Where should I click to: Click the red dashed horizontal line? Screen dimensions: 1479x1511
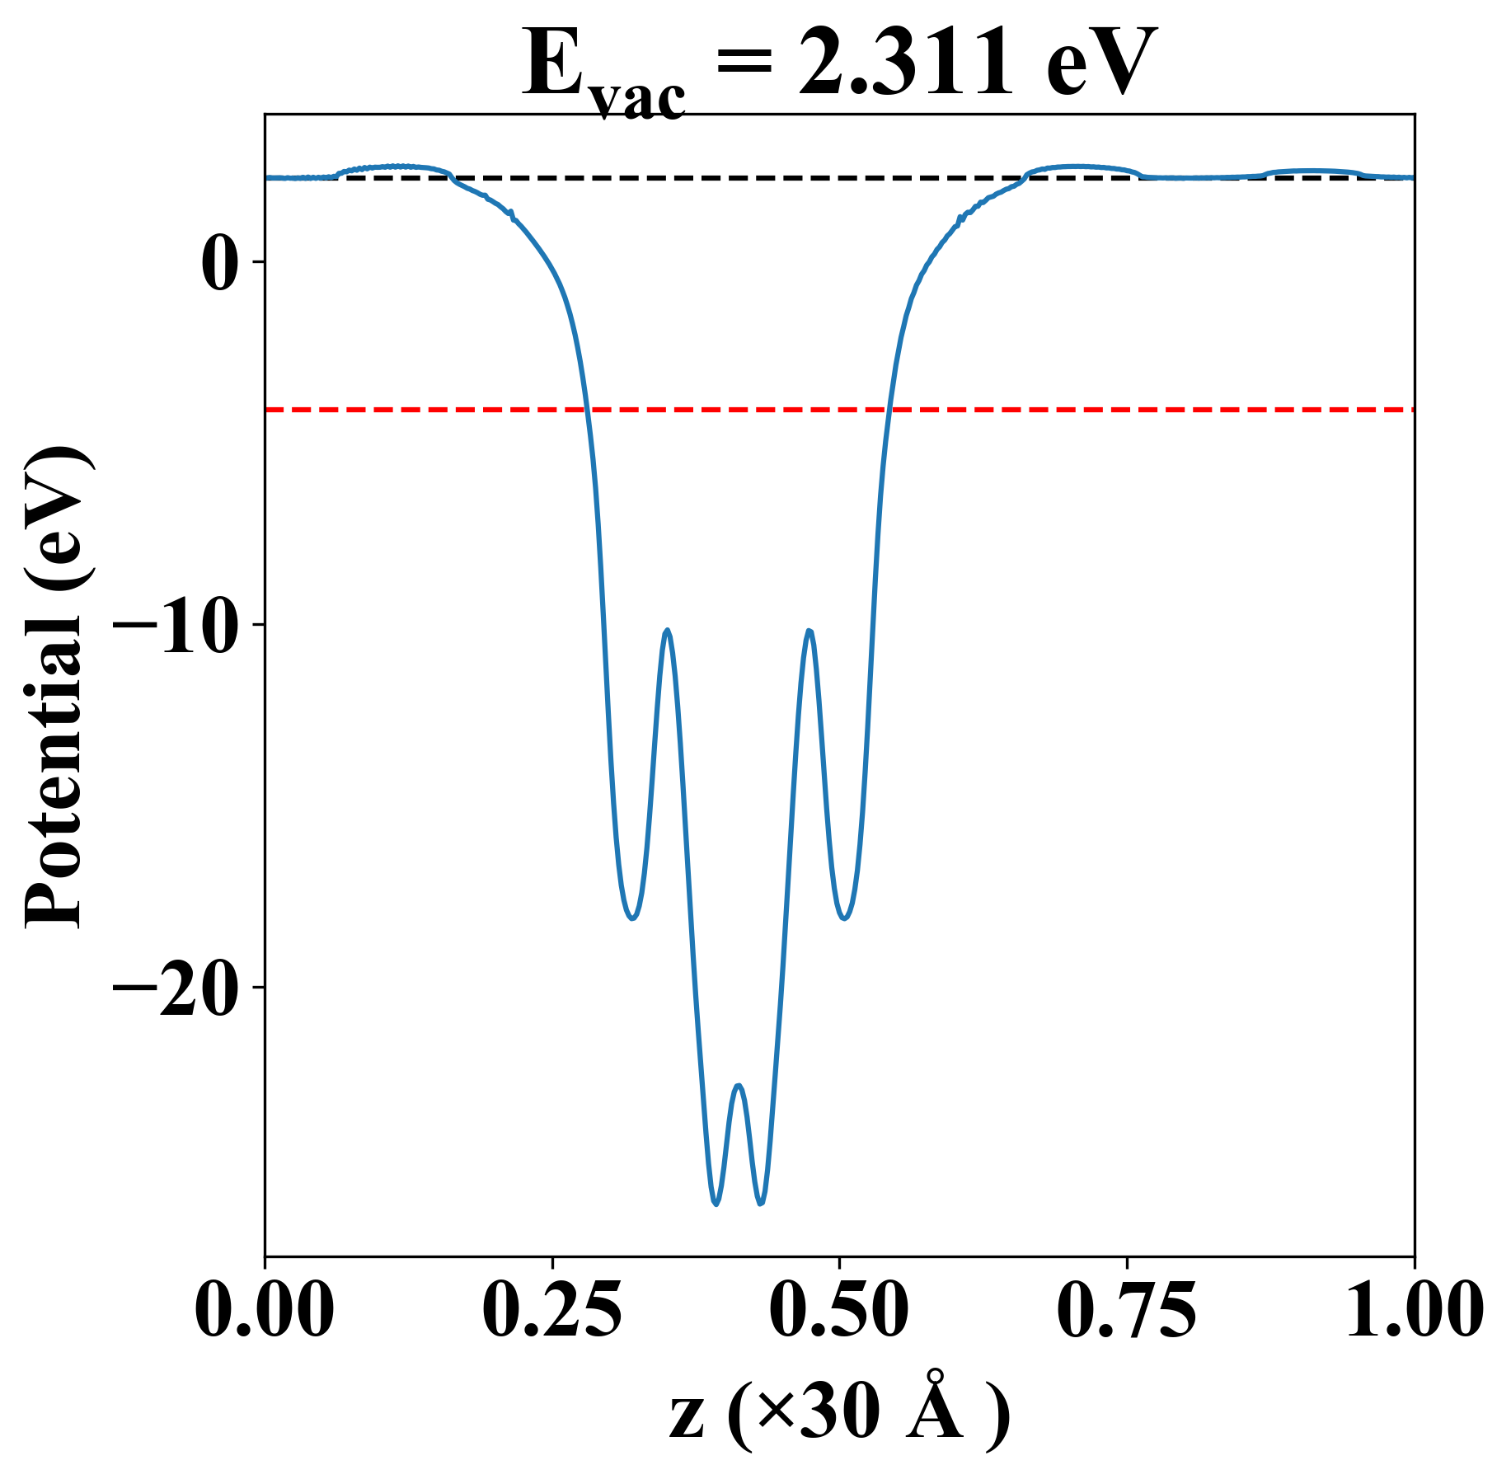pos(1072,409)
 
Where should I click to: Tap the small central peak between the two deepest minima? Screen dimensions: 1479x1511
pos(739,1086)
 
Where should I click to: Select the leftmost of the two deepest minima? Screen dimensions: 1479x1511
pos(716,1204)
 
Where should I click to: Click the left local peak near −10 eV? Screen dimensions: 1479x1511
pos(667,631)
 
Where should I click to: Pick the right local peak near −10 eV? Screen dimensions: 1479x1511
pos(809,632)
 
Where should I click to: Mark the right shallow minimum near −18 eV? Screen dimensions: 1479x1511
pos(845,918)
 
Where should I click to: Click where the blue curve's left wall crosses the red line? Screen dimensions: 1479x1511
pos(586,409)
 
